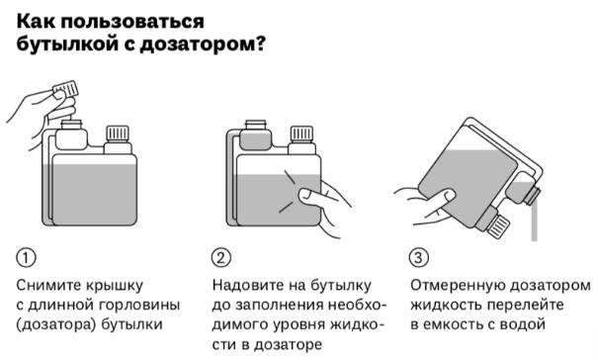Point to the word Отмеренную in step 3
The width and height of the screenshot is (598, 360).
point(456,285)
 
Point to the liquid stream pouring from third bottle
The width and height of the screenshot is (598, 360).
point(534,223)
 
